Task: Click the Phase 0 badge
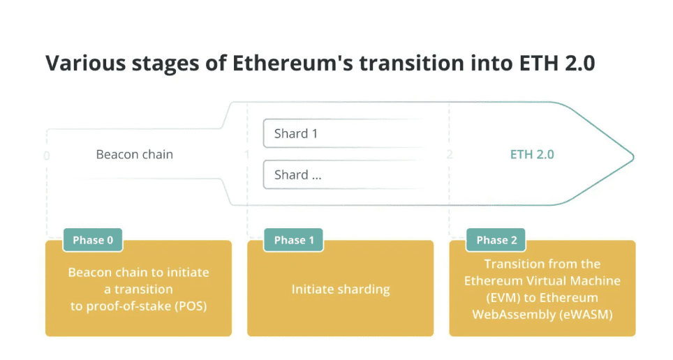click(x=93, y=240)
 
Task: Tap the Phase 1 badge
click(x=294, y=240)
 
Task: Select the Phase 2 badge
click(x=496, y=240)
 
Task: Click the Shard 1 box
click(x=343, y=133)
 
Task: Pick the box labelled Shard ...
click(x=343, y=174)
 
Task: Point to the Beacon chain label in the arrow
click(x=134, y=154)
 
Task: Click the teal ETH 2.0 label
click(x=532, y=154)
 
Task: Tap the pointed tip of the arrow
click(x=633, y=156)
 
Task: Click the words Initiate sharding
click(x=341, y=290)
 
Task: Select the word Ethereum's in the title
click(x=293, y=63)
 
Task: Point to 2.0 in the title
click(x=579, y=63)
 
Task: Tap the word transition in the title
click(x=412, y=63)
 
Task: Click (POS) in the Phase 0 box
click(x=190, y=306)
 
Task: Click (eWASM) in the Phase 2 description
click(x=586, y=315)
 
